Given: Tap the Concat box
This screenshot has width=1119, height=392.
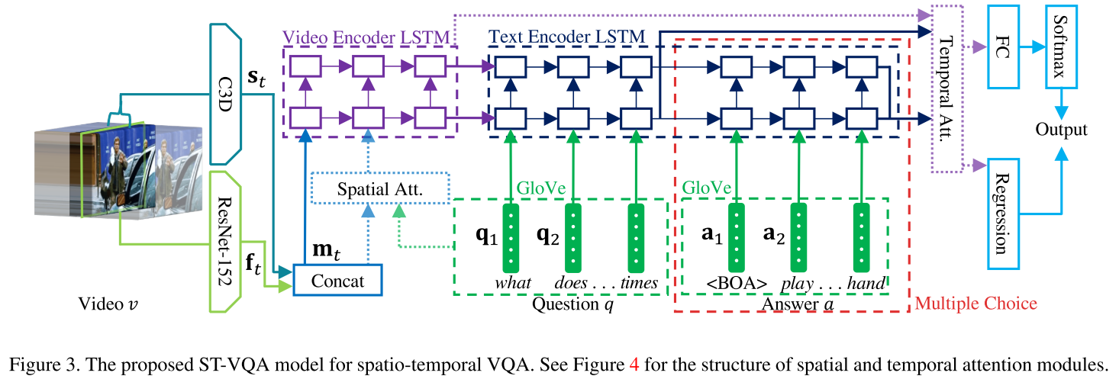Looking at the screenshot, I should pyautogui.click(x=337, y=281).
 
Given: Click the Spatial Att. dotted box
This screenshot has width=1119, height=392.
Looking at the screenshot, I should pyautogui.click(x=379, y=187).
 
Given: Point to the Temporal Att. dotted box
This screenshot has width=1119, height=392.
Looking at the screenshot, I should pyautogui.click(x=946, y=88).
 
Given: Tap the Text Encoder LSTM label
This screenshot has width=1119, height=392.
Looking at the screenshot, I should pyautogui.click(x=566, y=37).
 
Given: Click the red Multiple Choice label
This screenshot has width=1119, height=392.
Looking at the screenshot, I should pyautogui.click(x=975, y=304).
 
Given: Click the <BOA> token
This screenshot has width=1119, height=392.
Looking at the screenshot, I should pyautogui.click(x=735, y=283).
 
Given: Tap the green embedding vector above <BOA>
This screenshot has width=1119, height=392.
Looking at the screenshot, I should pyautogui.click(x=737, y=236).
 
